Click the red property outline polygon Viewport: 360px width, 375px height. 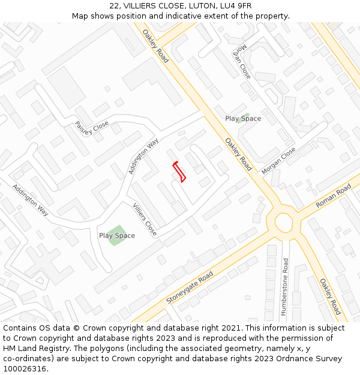(x=179, y=172)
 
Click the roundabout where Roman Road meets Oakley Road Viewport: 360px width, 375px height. (x=283, y=222)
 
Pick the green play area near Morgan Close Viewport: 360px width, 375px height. (x=243, y=118)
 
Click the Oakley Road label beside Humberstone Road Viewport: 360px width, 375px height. (x=329, y=296)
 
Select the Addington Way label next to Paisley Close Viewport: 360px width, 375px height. (x=143, y=156)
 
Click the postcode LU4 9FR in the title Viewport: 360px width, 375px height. (x=236, y=6)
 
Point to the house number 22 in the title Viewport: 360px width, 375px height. (x=115, y=6)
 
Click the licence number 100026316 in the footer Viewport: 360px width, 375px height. (x=25, y=368)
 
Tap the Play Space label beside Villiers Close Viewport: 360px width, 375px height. (x=117, y=236)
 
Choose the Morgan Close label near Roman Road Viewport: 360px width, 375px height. (x=278, y=161)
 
